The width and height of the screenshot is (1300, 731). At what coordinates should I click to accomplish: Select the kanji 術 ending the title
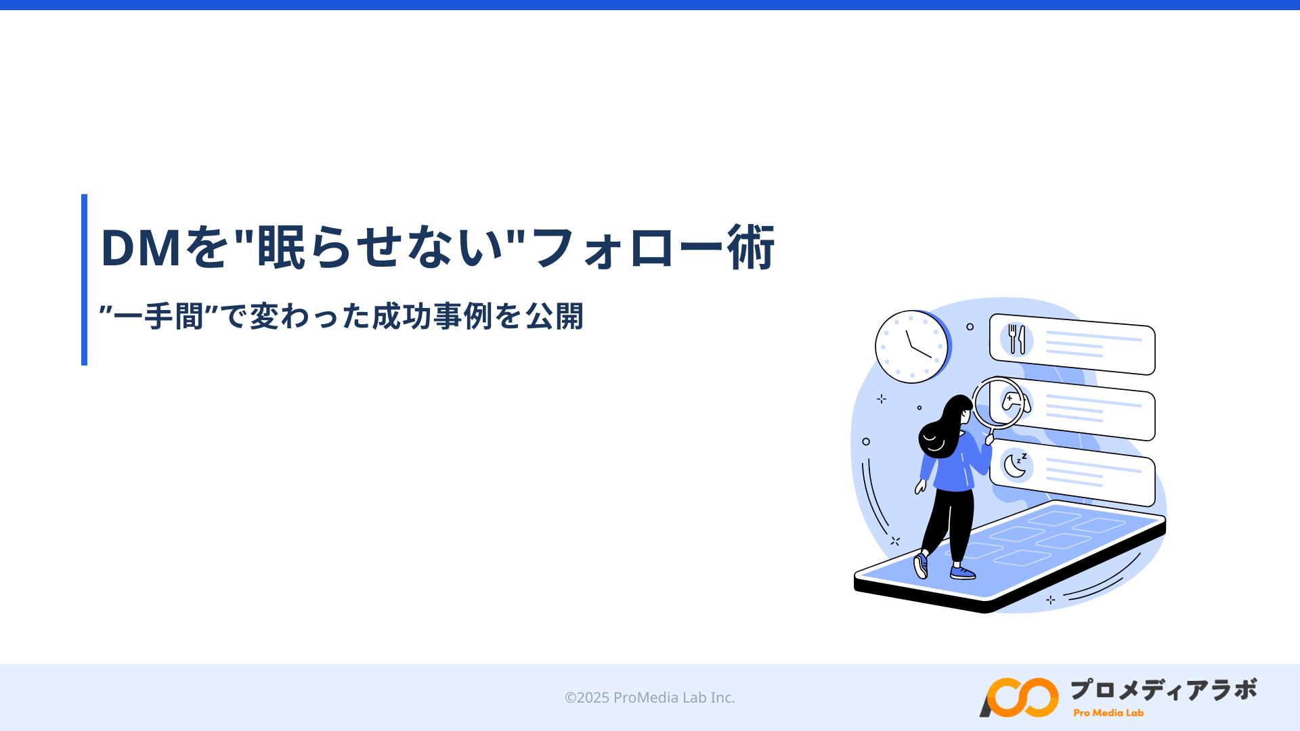(x=751, y=247)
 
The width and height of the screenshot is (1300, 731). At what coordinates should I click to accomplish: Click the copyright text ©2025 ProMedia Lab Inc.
(x=649, y=697)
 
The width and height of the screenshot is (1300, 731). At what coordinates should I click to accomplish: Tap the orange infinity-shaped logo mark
(x=1019, y=697)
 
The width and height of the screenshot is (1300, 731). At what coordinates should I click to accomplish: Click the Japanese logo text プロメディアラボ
(x=1163, y=690)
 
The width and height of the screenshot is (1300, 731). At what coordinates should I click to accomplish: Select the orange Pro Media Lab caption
(x=1108, y=713)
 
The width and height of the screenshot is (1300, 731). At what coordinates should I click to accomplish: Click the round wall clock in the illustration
(x=912, y=347)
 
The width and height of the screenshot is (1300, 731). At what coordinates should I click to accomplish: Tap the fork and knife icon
(x=1016, y=339)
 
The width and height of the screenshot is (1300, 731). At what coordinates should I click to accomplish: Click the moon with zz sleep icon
(x=1015, y=465)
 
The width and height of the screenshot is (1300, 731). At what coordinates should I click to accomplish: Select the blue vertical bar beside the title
(x=84, y=280)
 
